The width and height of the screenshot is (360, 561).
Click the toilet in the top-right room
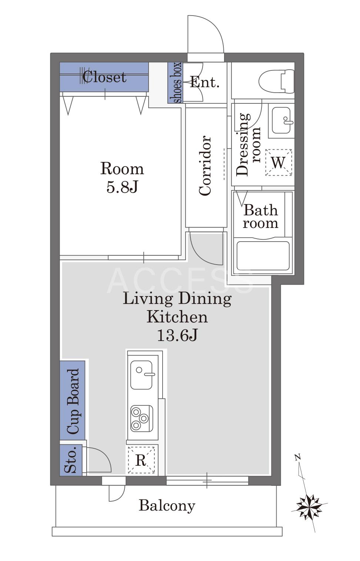tap(276, 82)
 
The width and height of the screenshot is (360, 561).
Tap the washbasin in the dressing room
tap(281, 120)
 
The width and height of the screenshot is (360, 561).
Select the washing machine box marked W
tap(279, 162)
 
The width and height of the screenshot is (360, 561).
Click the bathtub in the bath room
tap(263, 256)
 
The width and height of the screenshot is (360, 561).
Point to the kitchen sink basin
tap(141, 375)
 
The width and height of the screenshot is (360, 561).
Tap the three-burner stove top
tap(141, 418)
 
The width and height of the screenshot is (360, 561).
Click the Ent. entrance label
tap(205, 82)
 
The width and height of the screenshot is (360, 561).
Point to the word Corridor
tap(205, 165)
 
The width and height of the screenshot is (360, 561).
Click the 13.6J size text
tap(177, 335)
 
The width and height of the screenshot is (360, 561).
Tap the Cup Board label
tap(73, 401)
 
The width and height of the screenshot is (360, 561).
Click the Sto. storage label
tap(70, 459)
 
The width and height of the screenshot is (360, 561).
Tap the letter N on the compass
tap(297, 457)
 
